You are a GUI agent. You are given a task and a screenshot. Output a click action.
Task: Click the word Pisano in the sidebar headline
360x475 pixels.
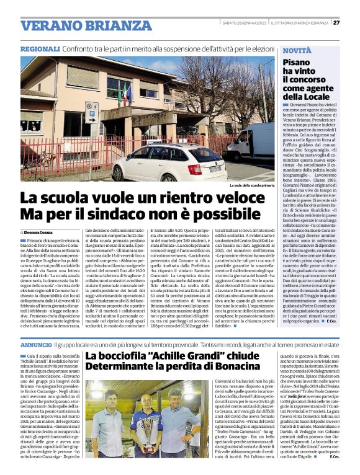[x=297, y=63]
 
